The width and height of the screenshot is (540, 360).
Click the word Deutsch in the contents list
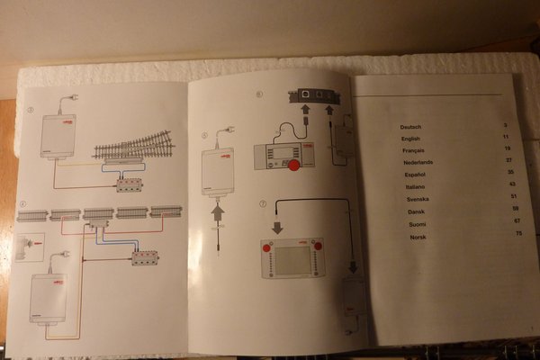(x=410, y=127)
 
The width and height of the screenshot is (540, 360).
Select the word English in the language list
(x=410, y=140)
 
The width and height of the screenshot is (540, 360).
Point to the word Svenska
(x=418, y=196)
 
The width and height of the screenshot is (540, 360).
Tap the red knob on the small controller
(x=293, y=165)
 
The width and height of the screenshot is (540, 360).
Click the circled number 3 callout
(x=31, y=111)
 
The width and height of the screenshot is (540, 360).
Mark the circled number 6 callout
(x=259, y=94)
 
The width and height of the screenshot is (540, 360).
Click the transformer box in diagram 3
(x=58, y=136)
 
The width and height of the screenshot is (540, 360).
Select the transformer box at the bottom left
(x=49, y=298)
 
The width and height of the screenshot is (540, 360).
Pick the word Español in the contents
(x=414, y=172)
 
